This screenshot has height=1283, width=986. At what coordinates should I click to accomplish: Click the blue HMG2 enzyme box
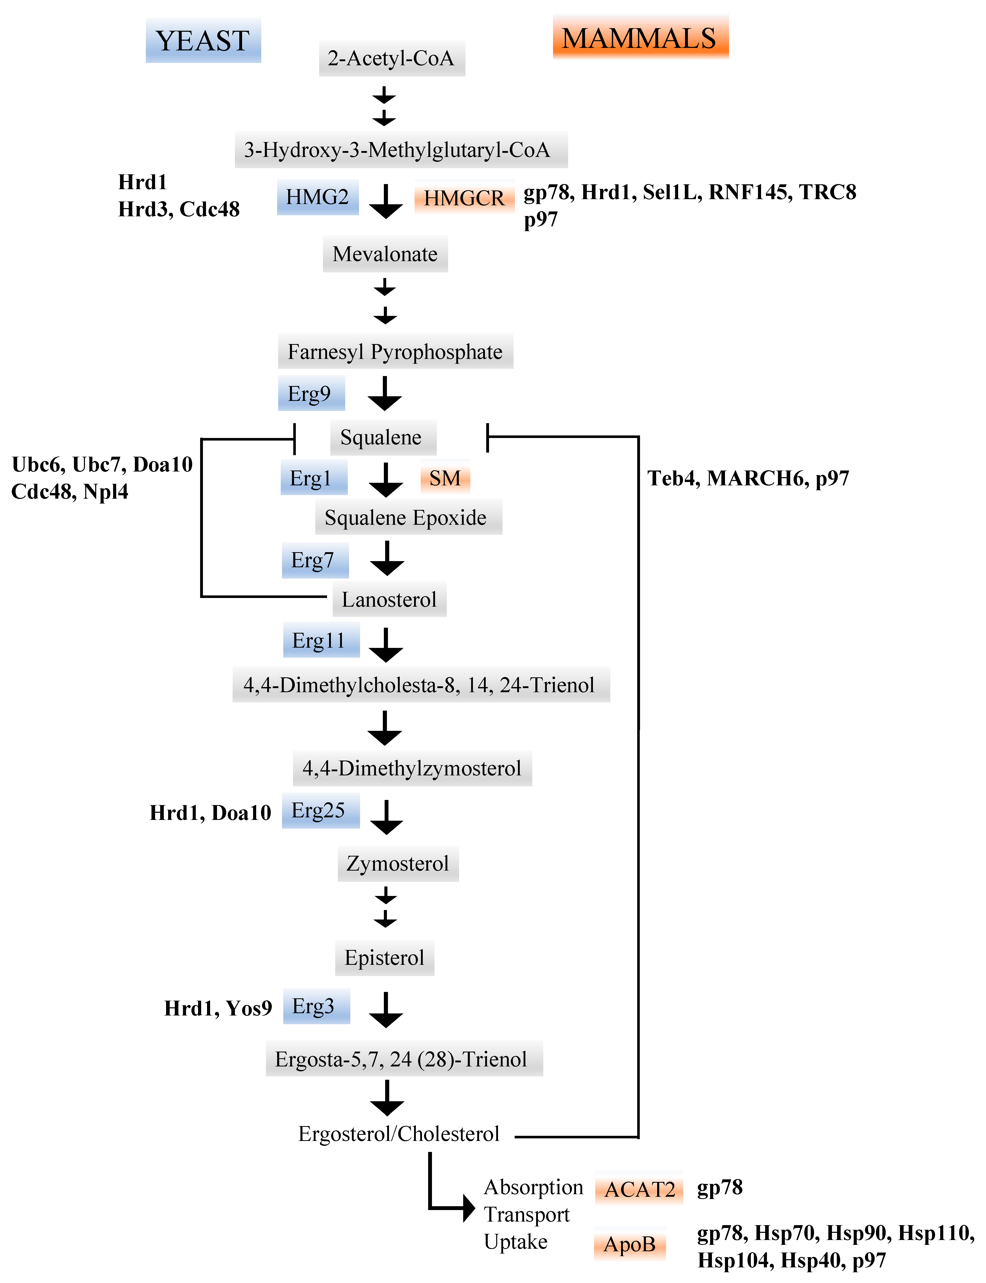click(x=318, y=197)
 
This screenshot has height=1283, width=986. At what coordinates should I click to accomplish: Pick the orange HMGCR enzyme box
click(x=464, y=198)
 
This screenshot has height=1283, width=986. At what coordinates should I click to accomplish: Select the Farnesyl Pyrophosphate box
click(x=395, y=351)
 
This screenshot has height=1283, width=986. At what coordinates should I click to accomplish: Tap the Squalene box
click(x=383, y=437)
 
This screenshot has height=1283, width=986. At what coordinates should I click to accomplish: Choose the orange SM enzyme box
click(x=445, y=478)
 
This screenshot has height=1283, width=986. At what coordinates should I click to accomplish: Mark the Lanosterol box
click(x=389, y=599)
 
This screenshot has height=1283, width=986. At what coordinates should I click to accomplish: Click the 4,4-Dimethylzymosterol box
click(x=412, y=768)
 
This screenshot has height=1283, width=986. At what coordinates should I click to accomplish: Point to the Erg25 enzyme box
click(x=320, y=810)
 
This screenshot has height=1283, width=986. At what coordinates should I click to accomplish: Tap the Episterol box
click(x=384, y=958)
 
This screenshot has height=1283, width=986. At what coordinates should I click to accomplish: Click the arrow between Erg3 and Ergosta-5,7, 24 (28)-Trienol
click(x=386, y=1010)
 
